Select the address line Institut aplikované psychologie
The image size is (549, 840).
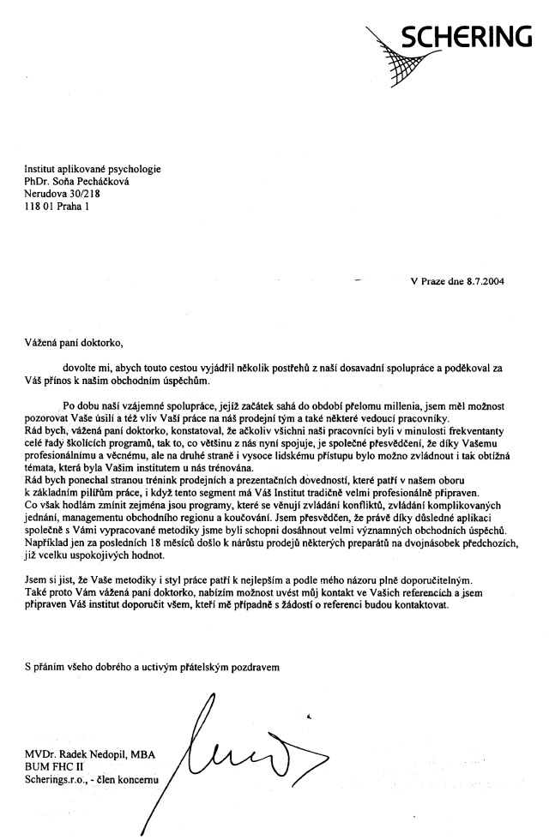click(93, 170)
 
